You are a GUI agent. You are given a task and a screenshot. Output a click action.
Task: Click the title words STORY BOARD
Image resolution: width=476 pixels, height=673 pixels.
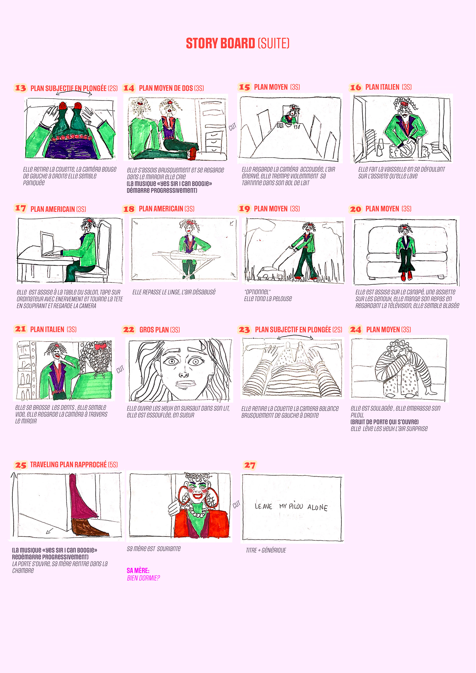click(220, 43)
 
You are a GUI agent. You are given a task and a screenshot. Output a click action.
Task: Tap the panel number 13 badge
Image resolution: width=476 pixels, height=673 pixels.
click(20, 88)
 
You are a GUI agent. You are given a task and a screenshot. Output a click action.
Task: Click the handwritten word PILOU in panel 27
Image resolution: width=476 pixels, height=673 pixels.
click(296, 506)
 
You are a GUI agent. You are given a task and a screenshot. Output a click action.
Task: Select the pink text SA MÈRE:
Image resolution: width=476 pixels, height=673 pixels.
click(138, 571)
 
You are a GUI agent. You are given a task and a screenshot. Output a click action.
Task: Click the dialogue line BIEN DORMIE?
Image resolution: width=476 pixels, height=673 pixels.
click(143, 578)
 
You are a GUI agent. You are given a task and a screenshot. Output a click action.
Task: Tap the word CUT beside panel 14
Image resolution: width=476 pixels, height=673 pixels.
click(233, 127)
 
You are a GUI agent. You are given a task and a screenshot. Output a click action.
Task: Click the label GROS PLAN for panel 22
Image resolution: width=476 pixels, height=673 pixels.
click(154, 330)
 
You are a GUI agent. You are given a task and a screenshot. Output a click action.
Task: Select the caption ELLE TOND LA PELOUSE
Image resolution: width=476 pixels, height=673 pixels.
click(268, 299)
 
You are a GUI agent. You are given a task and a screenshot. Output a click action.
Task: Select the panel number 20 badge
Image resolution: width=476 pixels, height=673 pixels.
click(356, 209)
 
